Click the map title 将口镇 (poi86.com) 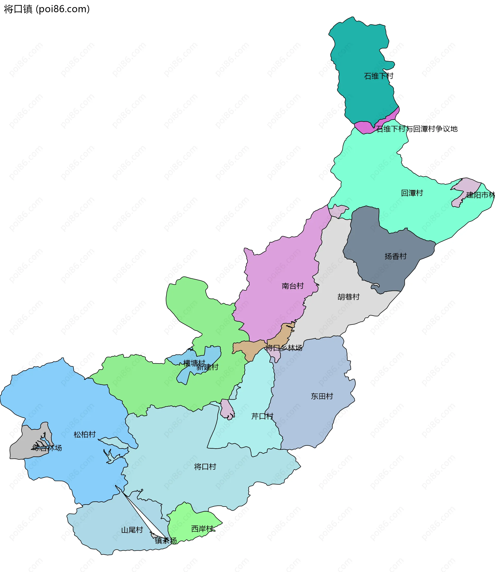(x=47, y=9)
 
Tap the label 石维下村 (x=378, y=76)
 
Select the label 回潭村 (x=412, y=193)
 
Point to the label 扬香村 (x=395, y=256)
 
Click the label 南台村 (x=293, y=286)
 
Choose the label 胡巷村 (x=348, y=297)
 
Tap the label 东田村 (x=322, y=396)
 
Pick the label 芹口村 (x=262, y=416)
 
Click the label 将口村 (x=205, y=467)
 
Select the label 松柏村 (x=85, y=435)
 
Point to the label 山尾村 (x=132, y=530)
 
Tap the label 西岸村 (x=202, y=529)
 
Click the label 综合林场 (x=47, y=448)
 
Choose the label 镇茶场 (x=166, y=541)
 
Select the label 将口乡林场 (x=284, y=348)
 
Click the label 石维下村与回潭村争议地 (x=417, y=129)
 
